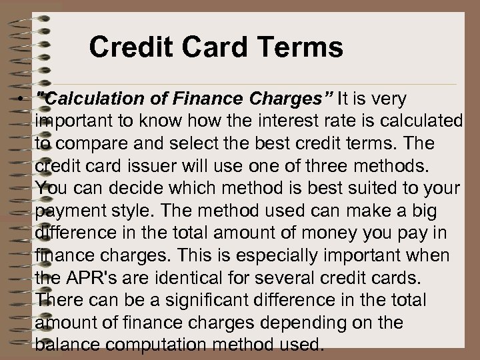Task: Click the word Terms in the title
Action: (303, 47)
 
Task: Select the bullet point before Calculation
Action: (22, 99)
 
